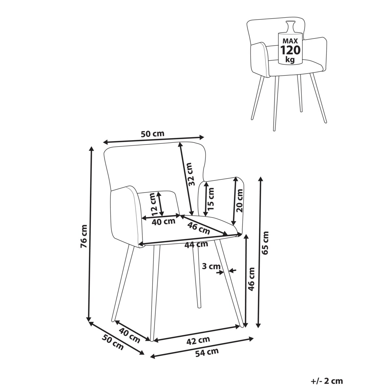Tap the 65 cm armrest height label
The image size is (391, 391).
[266, 242]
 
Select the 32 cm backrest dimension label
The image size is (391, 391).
[191, 175]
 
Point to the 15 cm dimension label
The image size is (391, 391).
[211, 198]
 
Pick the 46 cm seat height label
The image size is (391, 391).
[252, 279]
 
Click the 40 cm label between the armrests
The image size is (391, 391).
[164, 222]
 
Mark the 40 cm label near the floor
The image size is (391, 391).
[129, 335]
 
